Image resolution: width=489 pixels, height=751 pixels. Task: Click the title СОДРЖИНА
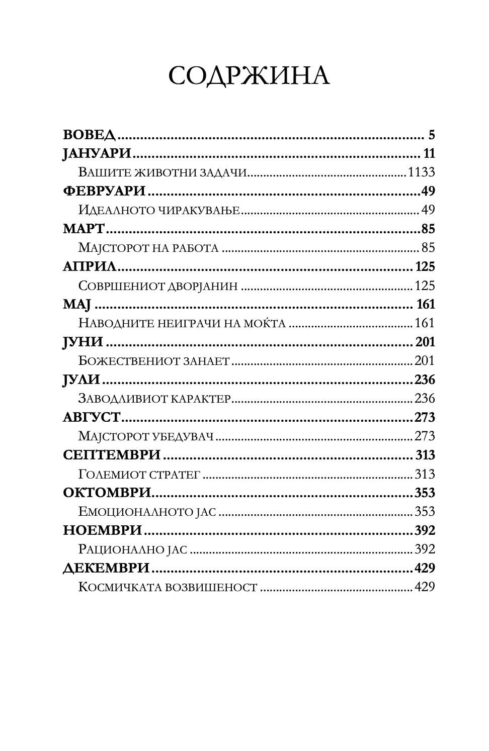[249, 76]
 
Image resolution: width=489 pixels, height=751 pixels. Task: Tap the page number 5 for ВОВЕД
[432, 135]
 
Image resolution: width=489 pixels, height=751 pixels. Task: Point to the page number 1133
[421, 172]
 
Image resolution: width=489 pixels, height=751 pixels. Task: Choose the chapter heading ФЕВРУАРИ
[104, 192]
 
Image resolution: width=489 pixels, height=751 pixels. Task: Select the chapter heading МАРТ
[84, 229]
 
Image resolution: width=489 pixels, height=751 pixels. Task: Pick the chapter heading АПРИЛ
[90, 267]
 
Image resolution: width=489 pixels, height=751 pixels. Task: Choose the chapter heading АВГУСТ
[92, 418]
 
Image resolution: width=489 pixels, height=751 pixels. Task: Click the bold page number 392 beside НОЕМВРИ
[424, 530]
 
